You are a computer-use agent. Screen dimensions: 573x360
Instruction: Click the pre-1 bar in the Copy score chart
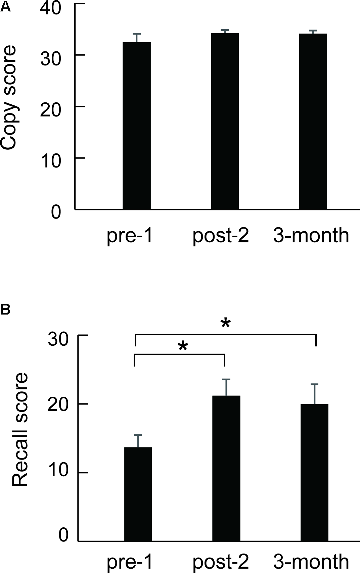click(x=136, y=126)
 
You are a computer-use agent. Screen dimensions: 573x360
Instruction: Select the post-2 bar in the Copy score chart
click(x=225, y=121)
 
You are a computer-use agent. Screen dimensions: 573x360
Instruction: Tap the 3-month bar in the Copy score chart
click(x=313, y=121)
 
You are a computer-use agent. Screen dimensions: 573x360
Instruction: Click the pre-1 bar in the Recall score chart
click(x=138, y=494)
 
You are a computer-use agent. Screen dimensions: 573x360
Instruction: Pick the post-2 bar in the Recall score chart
click(x=226, y=468)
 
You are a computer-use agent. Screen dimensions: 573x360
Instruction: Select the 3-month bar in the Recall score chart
click(x=315, y=473)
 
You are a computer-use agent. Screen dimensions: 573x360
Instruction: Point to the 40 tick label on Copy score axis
click(x=51, y=9)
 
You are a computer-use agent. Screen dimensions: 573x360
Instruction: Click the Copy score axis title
click(x=9, y=97)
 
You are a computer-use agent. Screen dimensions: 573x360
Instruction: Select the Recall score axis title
click(x=20, y=430)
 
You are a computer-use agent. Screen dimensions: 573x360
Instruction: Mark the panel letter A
click(x=5, y=7)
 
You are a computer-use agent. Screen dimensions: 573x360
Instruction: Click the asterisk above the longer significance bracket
click(x=225, y=324)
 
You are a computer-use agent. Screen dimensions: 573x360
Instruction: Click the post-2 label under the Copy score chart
click(x=221, y=236)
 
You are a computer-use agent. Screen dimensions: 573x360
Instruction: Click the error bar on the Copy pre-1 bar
click(x=136, y=38)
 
